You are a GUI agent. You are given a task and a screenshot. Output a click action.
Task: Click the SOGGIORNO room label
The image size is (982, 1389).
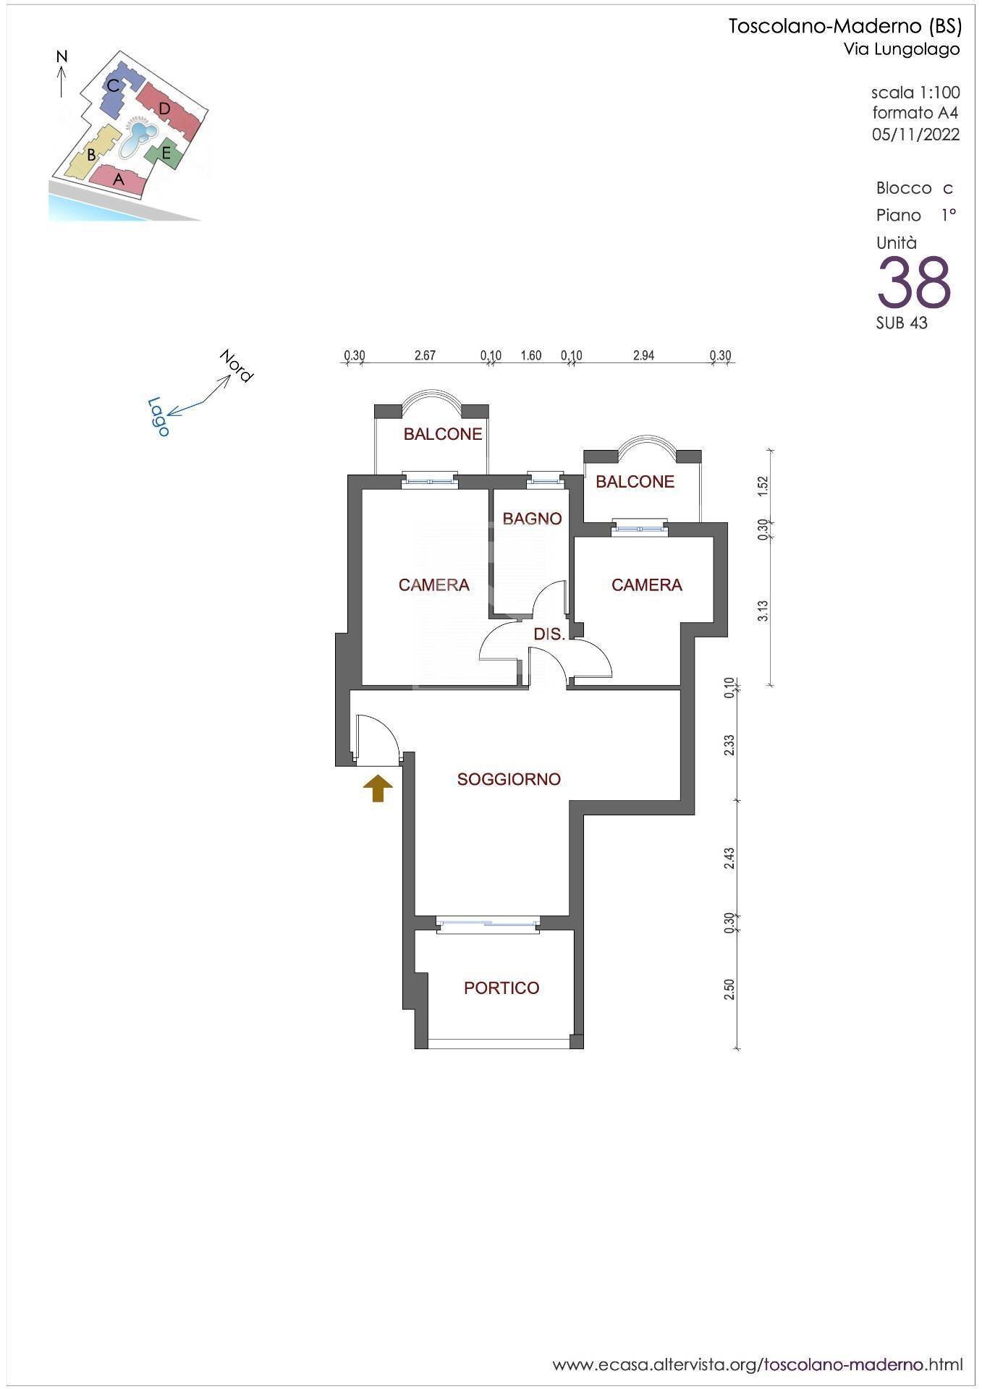[509, 779]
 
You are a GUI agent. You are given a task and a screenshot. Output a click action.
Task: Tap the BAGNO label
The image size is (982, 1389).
[532, 519]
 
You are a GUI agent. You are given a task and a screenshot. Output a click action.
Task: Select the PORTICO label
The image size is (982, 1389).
[501, 988]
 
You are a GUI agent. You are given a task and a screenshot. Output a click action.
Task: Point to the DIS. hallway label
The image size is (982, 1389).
[549, 634]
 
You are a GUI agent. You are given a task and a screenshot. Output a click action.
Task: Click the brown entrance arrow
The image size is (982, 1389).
[378, 789]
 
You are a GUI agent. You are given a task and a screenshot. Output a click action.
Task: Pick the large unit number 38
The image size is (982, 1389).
[914, 283]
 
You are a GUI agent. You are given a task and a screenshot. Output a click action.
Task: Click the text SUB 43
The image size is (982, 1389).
[902, 323]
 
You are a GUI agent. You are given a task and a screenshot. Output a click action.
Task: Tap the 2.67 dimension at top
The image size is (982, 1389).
[425, 355]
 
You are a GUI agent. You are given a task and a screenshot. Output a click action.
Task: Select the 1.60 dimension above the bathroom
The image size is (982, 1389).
[531, 355]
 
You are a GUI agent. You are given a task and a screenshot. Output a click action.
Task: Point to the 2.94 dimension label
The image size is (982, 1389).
[643, 355]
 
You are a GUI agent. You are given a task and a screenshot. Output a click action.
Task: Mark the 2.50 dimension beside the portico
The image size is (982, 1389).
[729, 990]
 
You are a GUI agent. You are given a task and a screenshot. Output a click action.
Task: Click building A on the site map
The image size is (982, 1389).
[118, 179]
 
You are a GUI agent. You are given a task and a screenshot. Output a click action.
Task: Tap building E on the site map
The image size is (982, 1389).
[165, 153]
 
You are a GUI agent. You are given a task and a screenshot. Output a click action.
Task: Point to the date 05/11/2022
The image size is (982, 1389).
[916, 135]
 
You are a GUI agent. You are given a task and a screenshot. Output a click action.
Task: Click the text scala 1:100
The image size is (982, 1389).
[915, 93]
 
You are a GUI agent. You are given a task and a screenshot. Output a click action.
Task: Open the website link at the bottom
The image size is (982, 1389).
[758, 1365]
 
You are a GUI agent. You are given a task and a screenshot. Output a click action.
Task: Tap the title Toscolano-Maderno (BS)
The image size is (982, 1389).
[845, 27]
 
